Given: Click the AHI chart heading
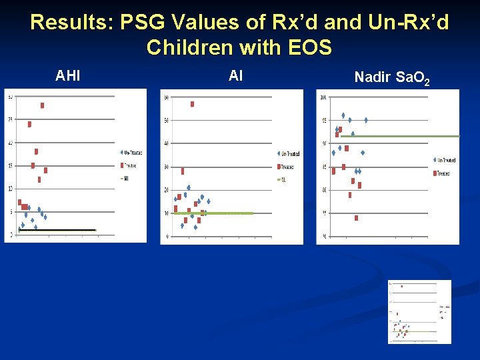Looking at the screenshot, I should tap(68, 76).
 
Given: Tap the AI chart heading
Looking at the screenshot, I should tap(235, 76).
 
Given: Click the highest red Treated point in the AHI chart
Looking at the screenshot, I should tap(43, 105).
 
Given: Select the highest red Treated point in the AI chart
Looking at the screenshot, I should tap(192, 104).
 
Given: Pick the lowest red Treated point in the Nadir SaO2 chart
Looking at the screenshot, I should tap(357, 218).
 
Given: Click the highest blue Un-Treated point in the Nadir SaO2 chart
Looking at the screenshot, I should tap(343, 115).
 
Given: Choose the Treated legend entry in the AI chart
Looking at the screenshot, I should tap(287, 167).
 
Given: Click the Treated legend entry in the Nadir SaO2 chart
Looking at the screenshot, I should tap(442, 173).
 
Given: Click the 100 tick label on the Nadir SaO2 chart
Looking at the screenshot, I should tap(323, 97).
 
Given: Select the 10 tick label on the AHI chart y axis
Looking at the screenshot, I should tap(10, 189).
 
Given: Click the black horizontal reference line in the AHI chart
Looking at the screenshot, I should tap(57, 230).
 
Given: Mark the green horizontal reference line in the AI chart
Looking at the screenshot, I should tap(213, 213).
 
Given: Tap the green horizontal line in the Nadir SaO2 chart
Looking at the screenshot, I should tap(400, 136).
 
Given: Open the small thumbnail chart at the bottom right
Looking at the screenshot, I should tap(419, 311).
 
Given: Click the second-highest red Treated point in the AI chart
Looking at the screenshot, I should tap(183, 171).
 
